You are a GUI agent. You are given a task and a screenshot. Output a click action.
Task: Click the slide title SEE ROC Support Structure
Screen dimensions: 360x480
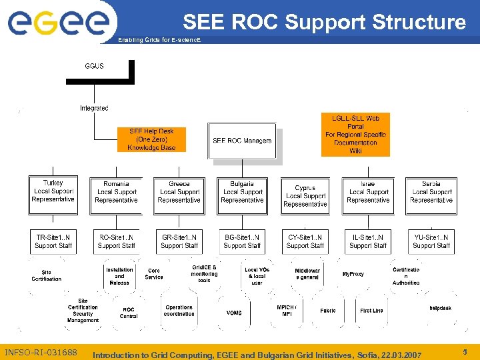[x=324, y=22]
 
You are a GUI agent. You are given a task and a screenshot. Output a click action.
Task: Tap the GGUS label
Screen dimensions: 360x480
[x=94, y=67]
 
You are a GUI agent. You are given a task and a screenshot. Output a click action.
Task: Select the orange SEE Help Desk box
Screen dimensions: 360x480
[x=151, y=139]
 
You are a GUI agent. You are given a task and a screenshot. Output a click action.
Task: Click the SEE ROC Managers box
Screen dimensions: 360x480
[x=242, y=141]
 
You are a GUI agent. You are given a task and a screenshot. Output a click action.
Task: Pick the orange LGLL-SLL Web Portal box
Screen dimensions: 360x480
[x=355, y=135]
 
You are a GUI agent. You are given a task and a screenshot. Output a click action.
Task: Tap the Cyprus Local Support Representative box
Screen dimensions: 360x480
[x=305, y=196]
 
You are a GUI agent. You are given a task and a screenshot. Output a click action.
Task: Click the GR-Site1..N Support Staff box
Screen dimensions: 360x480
[x=179, y=241]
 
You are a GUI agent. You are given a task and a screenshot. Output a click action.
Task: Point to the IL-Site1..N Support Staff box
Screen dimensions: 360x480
[x=368, y=241]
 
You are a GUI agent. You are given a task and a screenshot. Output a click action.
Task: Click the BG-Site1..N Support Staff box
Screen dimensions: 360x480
[x=242, y=241]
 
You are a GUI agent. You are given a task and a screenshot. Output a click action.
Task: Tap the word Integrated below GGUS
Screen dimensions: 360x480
[x=94, y=108]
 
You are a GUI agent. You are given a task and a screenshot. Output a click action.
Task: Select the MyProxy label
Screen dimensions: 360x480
[x=353, y=274]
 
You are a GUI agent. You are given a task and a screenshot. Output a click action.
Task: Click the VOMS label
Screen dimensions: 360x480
[x=234, y=313]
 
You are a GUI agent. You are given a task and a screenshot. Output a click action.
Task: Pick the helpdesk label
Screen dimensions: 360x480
[x=440, y=308]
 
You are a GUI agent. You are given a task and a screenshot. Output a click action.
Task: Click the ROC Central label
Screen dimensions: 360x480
[x=129, y=313]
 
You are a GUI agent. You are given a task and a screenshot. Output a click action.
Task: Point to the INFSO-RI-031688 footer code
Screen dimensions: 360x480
[x=41, y=352]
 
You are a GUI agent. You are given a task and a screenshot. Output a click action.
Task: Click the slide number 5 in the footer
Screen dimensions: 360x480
[x=465, y=351]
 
